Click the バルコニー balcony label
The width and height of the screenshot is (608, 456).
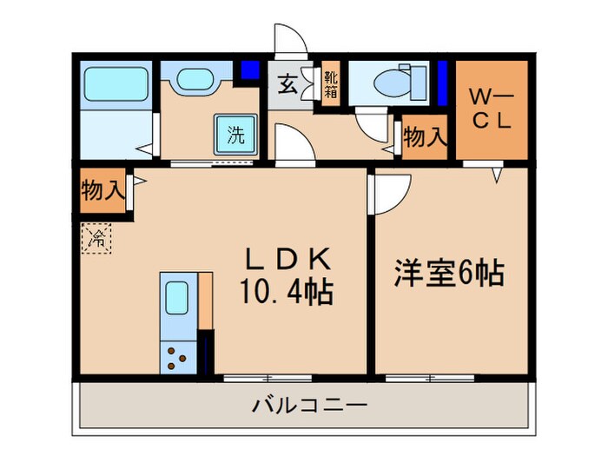point(310,405)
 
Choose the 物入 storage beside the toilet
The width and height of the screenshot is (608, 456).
point(425,137)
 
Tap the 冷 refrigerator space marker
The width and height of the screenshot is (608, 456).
point(97,236)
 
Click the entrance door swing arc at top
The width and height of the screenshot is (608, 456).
point(287,39)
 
